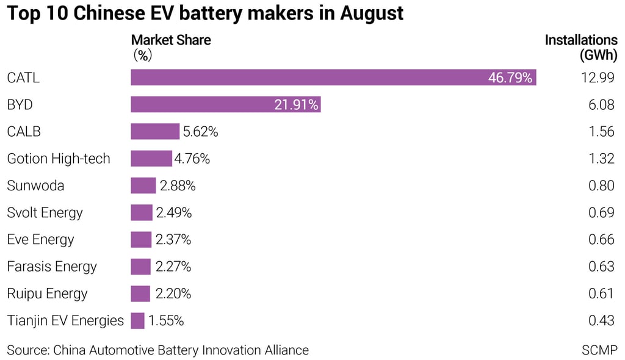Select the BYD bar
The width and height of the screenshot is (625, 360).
pos(226,105)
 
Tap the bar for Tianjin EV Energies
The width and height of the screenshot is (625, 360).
pos(137,320)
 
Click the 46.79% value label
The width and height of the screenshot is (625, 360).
pos(510,78)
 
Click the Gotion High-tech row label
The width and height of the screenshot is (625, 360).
pos(59,159)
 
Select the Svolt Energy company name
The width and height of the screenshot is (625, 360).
pos(45,213)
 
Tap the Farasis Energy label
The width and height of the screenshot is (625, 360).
pos(52,267)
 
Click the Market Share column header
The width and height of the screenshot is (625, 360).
pos(171,40)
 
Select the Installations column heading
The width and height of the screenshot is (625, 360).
pos(581,40)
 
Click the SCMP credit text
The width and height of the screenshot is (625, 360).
pos(599,350)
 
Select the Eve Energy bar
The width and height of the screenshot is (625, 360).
pos(141,240)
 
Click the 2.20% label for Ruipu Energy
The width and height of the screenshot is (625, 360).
pos(173,293)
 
